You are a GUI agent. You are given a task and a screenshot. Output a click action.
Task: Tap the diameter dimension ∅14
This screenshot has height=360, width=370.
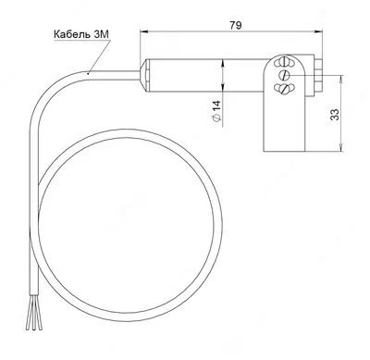215,111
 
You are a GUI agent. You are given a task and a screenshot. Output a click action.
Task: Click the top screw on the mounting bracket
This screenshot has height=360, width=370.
284,66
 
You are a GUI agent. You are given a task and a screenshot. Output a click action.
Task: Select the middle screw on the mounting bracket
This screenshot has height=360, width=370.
286,76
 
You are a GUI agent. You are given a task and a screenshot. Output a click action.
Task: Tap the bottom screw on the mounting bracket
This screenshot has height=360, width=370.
284,89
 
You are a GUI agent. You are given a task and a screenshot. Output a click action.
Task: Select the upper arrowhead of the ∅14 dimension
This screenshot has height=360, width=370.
222,63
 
